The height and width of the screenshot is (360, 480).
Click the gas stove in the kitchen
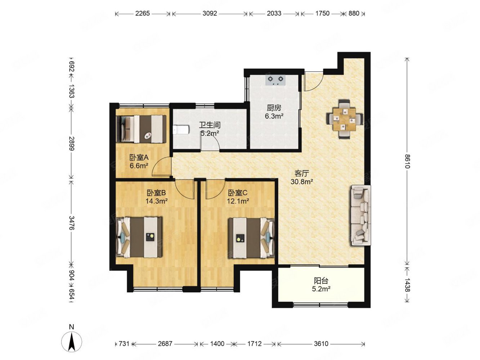(275, 80)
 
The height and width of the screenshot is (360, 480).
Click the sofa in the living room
(360, 216)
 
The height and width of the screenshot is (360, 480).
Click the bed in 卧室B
(139, 237)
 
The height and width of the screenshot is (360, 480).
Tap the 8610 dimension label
(407, 161)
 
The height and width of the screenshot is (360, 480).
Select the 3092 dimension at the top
(210, 14)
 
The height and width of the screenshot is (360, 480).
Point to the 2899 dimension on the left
(72, 144)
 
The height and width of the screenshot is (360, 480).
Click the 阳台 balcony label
(321, 281)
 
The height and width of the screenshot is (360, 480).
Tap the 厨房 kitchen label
(274, 108)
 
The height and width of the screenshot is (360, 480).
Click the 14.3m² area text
(157, 201)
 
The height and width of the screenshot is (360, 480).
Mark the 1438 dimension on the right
(407, 285)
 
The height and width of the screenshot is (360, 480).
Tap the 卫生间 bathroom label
(210, 125)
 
